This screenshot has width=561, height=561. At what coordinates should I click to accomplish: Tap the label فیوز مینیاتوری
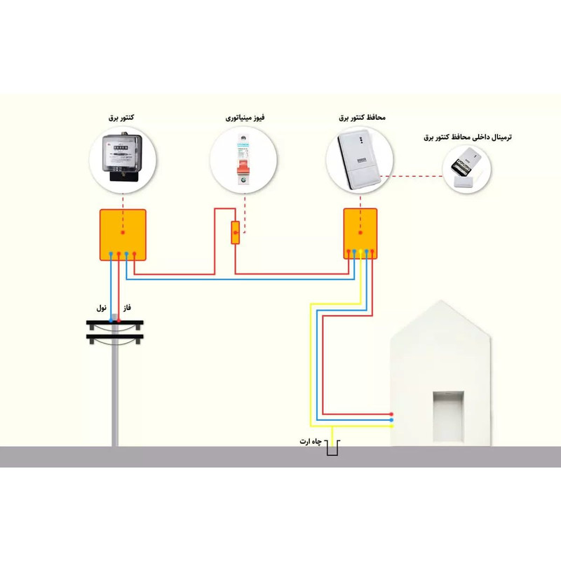(245, 118)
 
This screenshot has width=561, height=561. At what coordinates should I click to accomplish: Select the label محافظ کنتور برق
(363, 118)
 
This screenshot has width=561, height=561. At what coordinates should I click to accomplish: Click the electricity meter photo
(123, 160)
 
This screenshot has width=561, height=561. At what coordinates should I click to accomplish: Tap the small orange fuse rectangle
(236, 232)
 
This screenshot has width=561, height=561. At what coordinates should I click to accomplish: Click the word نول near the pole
(102, 308)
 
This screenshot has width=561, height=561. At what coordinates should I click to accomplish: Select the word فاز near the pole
(127, 308)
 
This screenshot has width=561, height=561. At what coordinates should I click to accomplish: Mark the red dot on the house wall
(392, 414)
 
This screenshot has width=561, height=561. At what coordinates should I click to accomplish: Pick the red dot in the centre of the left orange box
(123, 233)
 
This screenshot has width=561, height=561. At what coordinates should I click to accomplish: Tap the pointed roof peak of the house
(441, 303)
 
